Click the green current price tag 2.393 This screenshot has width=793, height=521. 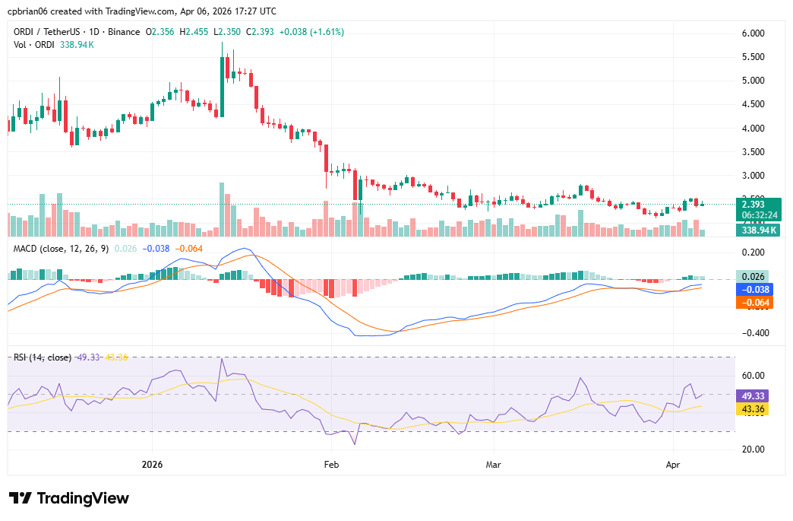click(x=760, y=204)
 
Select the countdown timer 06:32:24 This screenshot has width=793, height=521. click(x=760, y=215)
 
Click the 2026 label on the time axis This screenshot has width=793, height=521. click(x=153, y=463)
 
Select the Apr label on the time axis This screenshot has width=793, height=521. click(x=672, y=463)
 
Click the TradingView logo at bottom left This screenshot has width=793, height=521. click(x=69, y=498)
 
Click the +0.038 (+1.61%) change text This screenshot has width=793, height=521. click(x=311, y=32)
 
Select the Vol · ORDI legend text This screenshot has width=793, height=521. click(x=34, y=45)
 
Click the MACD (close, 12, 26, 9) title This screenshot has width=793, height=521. click(x=61, y=248)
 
